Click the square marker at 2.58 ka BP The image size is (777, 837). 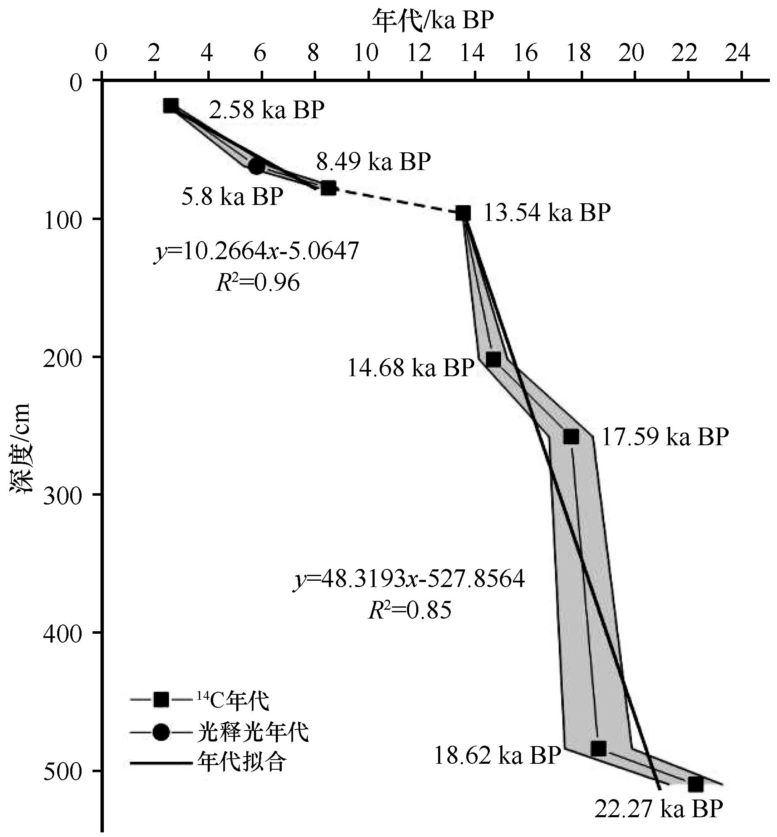(171, 106)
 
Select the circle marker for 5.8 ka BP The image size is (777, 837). (256, 166)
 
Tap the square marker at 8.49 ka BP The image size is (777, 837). (328, 188)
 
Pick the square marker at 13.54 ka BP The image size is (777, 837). (463, 213)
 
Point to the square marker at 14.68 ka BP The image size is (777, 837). (494, 359)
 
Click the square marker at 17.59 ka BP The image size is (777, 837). (571, 437)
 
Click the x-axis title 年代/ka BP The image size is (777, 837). (433, 20)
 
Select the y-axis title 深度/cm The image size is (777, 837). (20, 448)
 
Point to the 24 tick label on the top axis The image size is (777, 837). (741, 54)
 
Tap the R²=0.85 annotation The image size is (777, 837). (410, 610)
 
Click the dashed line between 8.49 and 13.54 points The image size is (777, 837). (395, 201)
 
